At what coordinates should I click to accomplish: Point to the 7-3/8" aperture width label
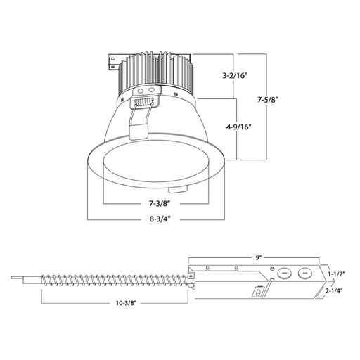tap(156, 205)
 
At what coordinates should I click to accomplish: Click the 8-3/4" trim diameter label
tap(156, 219)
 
